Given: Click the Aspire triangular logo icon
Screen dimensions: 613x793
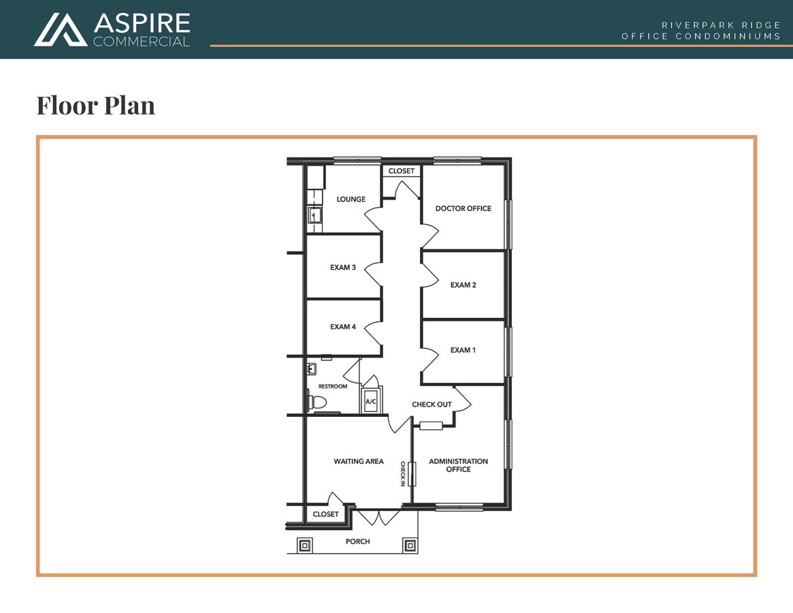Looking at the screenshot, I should point(61,30).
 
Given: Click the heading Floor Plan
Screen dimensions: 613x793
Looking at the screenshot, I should point(95,106).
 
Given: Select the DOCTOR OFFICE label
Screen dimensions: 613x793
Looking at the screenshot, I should point(463,208).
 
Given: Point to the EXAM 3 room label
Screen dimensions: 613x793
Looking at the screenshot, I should point(343,268).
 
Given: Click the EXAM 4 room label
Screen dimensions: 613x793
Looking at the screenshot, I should point(343,327).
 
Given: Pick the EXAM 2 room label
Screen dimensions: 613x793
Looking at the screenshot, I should point(463,285).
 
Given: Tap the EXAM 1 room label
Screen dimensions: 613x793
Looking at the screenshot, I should point(463,350).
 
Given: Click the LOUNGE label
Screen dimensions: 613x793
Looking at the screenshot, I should point(351,200).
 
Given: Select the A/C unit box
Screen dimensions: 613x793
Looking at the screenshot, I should point(371,401).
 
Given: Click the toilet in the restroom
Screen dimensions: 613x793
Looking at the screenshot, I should point(317,402).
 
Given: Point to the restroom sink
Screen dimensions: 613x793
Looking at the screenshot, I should point(312,369).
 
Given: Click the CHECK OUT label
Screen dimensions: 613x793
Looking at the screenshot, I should point(432,405).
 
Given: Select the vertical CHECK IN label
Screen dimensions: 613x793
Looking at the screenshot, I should point(403,473).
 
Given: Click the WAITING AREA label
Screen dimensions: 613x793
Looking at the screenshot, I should point(358,462).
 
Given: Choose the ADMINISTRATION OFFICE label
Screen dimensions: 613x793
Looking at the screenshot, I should point(458,465).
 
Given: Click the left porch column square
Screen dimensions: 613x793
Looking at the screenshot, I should point(304,545).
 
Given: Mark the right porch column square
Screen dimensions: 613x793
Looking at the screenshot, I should point(410,545).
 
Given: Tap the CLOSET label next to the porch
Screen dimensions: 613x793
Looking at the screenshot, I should point(325,514).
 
